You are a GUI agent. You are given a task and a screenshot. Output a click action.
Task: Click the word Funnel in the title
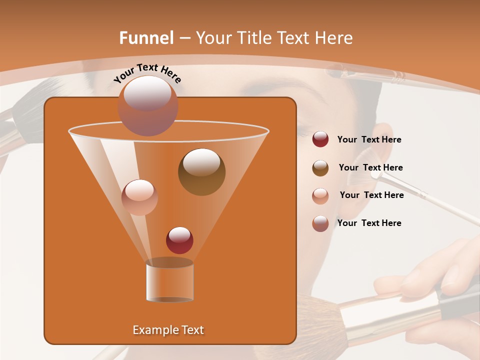(146, 38)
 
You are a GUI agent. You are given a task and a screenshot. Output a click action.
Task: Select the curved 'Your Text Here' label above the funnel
(147, 73)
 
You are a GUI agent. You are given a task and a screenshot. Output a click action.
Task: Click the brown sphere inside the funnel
(201, 171)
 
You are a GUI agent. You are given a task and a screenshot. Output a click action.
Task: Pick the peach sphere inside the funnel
(139, 197)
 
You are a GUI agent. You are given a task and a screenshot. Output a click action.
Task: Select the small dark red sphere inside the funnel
(179, 240)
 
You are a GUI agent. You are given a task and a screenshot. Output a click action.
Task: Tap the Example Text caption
(168, 330)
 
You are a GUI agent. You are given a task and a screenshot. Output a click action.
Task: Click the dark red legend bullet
(320, 139)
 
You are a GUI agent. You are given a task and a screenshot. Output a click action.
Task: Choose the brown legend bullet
(320, 167)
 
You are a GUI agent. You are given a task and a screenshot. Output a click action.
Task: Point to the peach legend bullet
(320, 195)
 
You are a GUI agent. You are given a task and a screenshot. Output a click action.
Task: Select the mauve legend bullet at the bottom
(320, 223)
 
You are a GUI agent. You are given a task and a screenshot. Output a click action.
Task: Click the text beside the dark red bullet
(369, 140)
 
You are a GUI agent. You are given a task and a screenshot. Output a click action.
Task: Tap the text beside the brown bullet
(370, 167)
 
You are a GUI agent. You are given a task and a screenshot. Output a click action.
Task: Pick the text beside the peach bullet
(371, 195)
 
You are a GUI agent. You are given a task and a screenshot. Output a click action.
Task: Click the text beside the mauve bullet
(369, 223)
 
